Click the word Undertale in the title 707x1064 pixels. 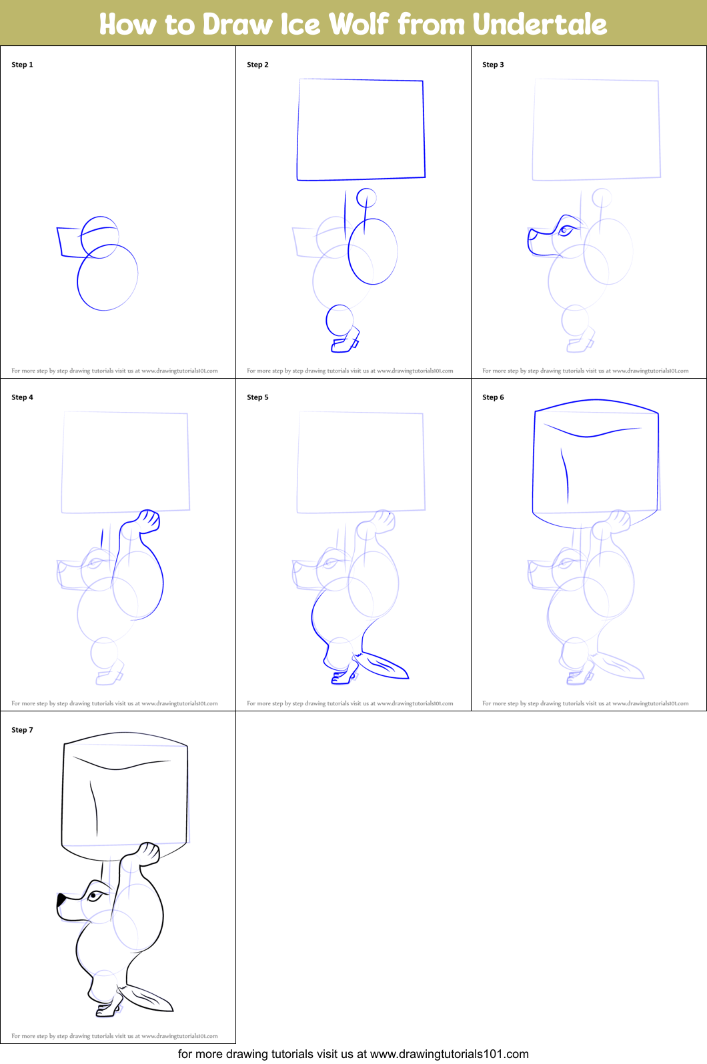pyautogui.click(x=540, y=24)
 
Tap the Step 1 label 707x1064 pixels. pyautogui.click(x=22, y=65)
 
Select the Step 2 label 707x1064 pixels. pyautogui.click(x=257, y=65)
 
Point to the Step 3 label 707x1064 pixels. pyautogui.click(x=493, y=65)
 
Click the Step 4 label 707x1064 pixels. pyautogui.click(x=22, y=397)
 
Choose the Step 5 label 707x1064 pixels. pyautogui.click(x=257, y=397)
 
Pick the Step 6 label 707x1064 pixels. pyautogui.click(x=493, y=397)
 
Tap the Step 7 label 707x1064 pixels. pyautogui.click(x=22, y=729)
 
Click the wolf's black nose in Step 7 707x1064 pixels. pyautogui.click(x=61, y=899)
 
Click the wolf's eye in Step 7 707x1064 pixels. pyautogui.click(x=94, y=896)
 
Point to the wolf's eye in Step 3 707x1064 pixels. pyautogui.click(x=565, y=231)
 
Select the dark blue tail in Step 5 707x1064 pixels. pyautogui.click(x=382, y=665)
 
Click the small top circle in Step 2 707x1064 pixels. pyautogui.click(x=366, y=197)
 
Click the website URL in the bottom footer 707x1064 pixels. pyautogui.click(x=449, y=1054)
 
